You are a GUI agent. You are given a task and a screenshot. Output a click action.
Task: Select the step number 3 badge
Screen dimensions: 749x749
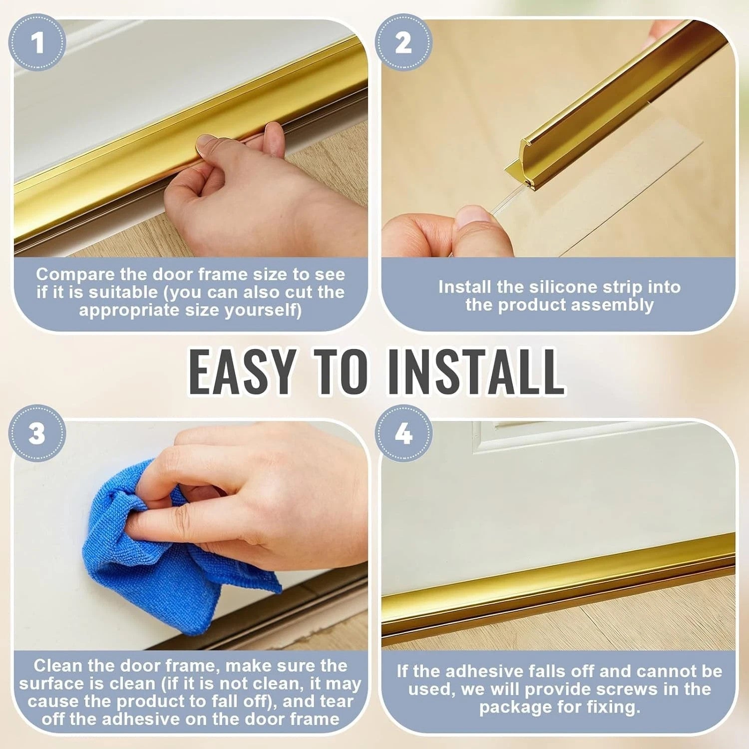pyautogui.click(x=37, y=433)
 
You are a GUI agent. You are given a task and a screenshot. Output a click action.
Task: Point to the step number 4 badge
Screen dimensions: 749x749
pyautogui.click(x=403, y=433)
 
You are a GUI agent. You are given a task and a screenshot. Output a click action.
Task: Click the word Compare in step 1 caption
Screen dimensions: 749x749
pyautogui.click(x=75, y=275)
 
